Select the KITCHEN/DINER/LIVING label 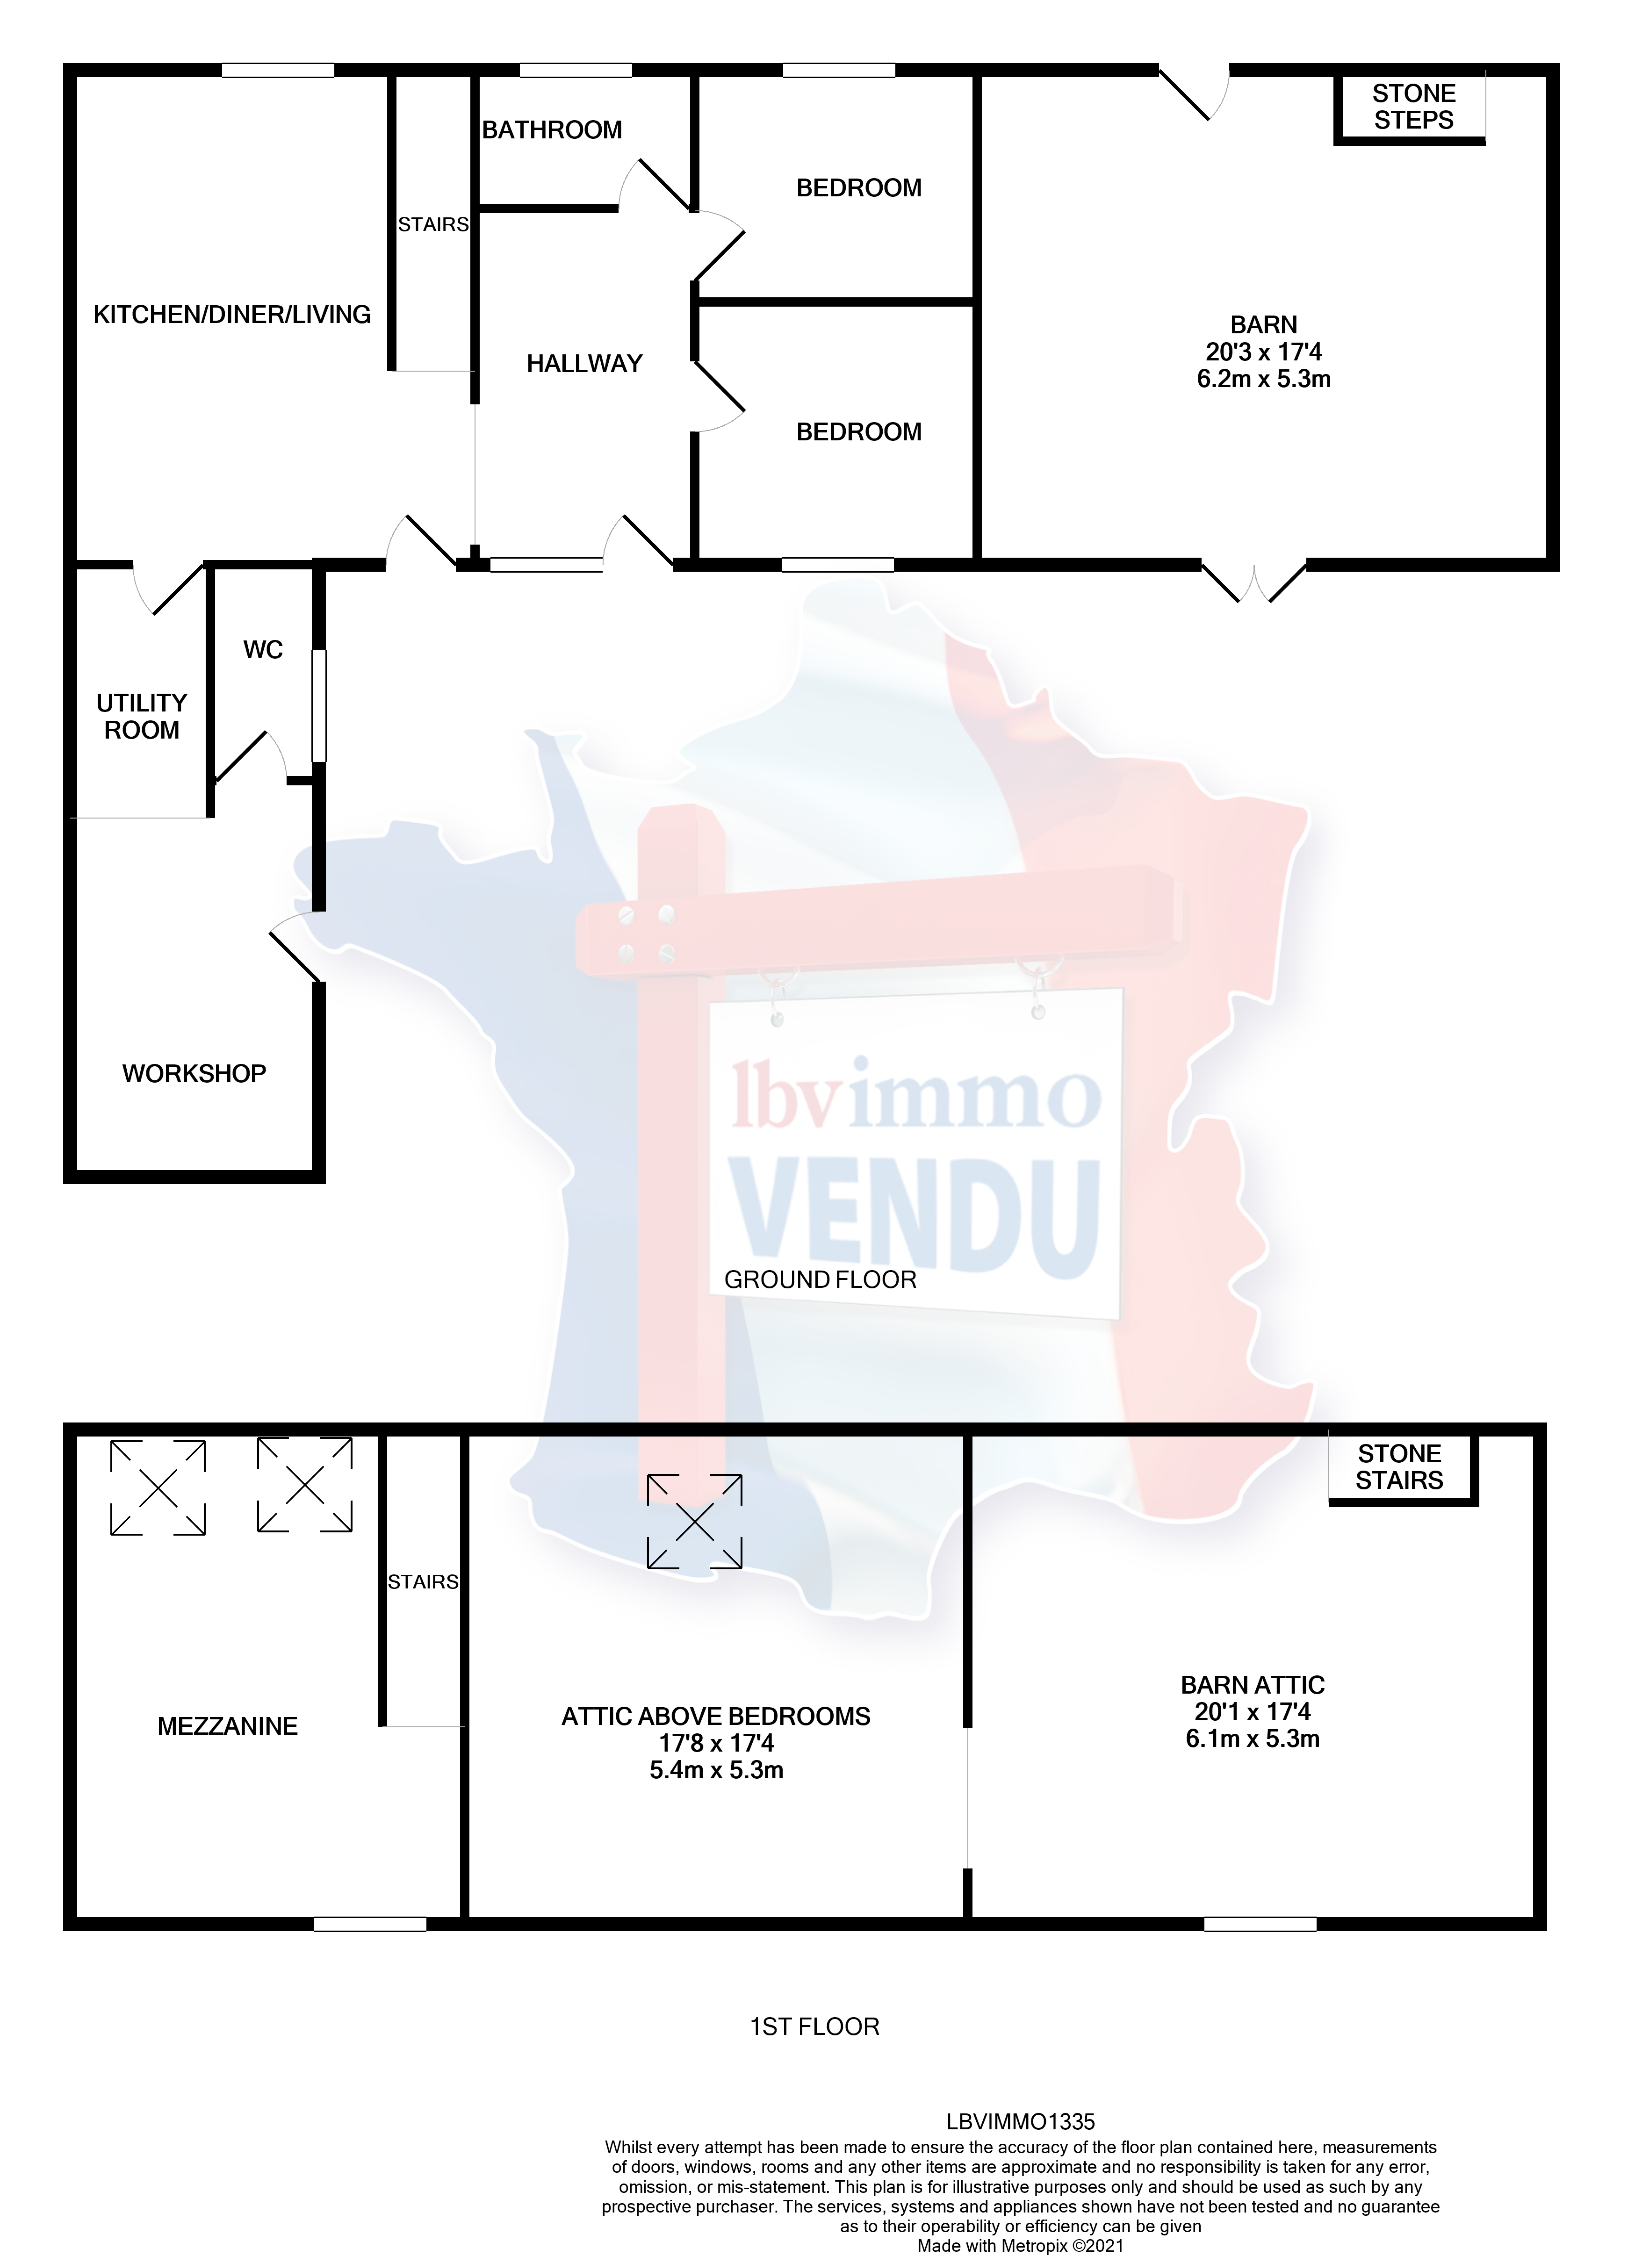tap(231, 315)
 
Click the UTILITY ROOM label tap(142, 717)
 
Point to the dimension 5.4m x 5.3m tap(716, 1771)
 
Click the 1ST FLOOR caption tap(814, 2027)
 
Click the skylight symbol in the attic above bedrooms tap(695, 1523)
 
